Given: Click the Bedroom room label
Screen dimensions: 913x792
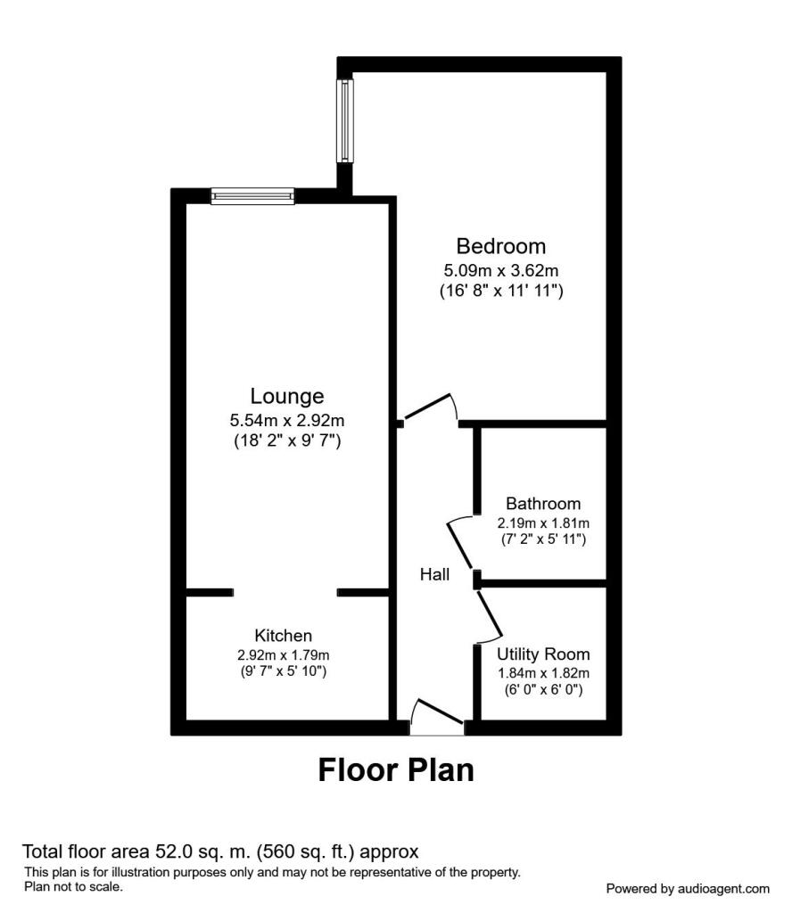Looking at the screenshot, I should pyautogui.click(x=500, y=245).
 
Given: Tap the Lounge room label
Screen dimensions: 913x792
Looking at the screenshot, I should pyautogui.click(x=286, y=396).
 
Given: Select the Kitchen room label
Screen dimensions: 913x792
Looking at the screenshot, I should pyautogui.click(x=284, y=636).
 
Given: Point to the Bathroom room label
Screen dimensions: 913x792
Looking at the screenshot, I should pyautogui.click(x=543, y=504).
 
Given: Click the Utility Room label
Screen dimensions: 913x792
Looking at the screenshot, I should pyautogui.click(x=543, y=654).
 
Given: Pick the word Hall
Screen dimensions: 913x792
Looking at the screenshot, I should pyautogui.click(x=434, y=576).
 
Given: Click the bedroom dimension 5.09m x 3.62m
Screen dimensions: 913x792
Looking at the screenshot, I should pyautogui.click(x=500, y=269).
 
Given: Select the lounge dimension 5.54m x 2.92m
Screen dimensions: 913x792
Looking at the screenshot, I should pyautogui.click(x=286, y=419).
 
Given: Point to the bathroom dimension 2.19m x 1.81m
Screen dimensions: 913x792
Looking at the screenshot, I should pyautogui.click(x=543, y=523).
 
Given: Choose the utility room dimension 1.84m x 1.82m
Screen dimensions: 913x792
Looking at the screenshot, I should pyautogui.click(x=543, y=673).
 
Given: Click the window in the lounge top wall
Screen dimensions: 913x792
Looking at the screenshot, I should pyautogui.click(x=252, y=196).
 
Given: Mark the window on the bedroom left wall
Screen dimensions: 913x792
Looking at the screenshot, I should pyautogui.click(x=345, y=121).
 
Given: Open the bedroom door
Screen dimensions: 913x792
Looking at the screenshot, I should pyautogui.click(x=430, y=407).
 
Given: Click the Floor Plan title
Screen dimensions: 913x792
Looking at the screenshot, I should pyautogui.click(x=396, y=770).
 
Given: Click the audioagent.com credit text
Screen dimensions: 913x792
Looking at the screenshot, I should pyautogui.click(x=687, y=889).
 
